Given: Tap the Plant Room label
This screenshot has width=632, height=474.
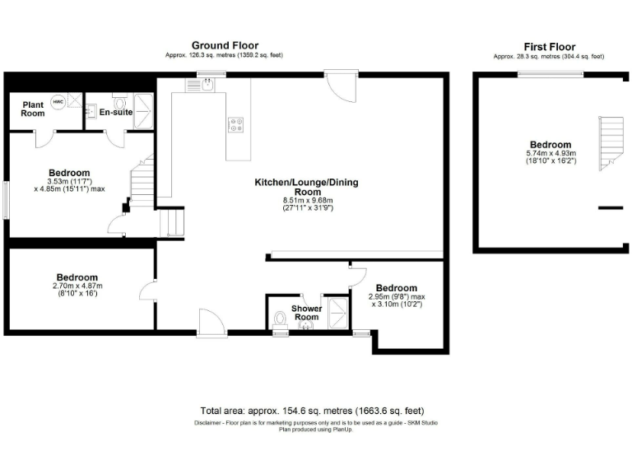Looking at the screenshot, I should tap(33, 109).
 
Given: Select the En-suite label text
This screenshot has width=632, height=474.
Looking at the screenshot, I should tap(115, 112).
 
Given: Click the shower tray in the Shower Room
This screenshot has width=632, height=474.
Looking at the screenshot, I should tap(337, 311).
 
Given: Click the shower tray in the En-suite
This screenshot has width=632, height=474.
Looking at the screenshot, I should tap(144, 105).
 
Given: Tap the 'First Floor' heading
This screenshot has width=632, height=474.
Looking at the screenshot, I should tap(549, 47).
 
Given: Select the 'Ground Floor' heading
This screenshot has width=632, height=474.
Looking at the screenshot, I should tap(225, 45).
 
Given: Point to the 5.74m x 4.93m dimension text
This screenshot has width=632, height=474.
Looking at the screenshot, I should tap(551, 154).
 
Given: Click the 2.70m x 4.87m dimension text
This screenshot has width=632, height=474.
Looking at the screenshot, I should tap(77, 286).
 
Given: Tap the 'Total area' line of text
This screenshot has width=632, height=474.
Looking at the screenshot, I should tap(312, 411).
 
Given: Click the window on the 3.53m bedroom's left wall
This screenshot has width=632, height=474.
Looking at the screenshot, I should tap(5, 199).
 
